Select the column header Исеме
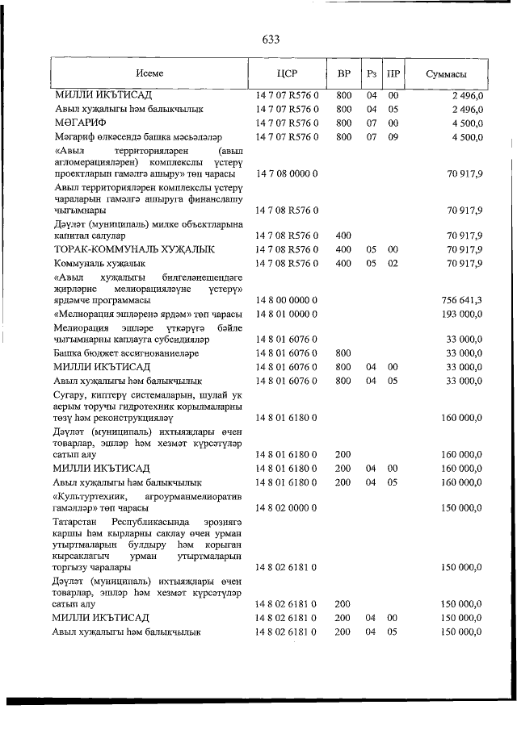click(149, 74)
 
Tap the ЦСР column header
click(287, 74)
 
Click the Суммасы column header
click(445, 74)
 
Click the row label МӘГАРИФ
click(81, 123)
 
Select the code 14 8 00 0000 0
click(287, 300)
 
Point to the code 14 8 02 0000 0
click(287, 509)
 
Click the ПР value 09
click(393, 137)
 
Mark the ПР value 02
click(393, 263)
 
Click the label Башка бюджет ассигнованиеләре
click(132, 352)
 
